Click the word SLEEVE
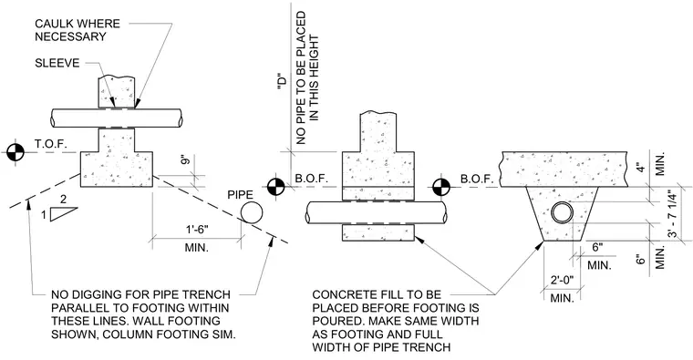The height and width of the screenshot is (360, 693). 57,63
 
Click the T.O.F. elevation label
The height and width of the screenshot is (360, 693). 50,144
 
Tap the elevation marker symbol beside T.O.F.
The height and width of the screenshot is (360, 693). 16,152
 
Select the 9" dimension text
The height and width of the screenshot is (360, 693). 187,159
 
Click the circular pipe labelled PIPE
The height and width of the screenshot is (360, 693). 252,212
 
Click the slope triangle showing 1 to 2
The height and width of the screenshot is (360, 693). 64,214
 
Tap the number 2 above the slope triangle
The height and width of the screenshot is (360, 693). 63,200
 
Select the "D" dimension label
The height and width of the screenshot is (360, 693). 282,82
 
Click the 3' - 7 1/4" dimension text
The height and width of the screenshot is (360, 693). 672,214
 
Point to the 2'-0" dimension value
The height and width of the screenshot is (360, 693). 562,279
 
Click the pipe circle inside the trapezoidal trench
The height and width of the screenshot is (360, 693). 563,213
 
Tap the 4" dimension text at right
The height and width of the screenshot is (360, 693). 640,168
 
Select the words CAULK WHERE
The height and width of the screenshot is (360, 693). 78,24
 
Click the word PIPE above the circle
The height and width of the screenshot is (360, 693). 240,195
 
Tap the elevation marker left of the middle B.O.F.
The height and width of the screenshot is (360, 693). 275,187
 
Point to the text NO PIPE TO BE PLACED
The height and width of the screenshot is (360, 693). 301,77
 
